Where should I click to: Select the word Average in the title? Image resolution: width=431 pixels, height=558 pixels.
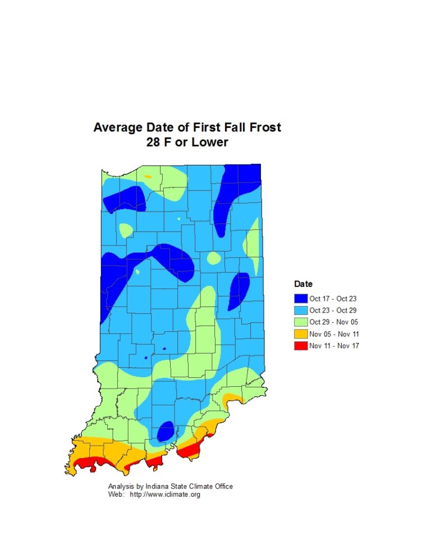(x=117, y=127)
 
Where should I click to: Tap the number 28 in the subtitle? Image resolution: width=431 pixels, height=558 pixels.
(x=154, y=142)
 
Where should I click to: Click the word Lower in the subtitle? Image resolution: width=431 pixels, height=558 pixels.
(x=210, y=142)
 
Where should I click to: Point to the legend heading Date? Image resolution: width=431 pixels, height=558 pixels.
(x=304, y=284)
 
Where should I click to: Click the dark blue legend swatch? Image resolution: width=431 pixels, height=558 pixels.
(x=301, y=299)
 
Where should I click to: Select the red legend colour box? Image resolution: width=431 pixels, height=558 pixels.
(x=301, y=345)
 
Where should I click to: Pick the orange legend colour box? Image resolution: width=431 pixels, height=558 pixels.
(x=301, y=333)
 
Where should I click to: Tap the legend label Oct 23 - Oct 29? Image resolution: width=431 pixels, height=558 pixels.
(x=333, y=310)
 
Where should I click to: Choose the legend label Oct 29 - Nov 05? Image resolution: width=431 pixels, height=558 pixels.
(x=333, y=322)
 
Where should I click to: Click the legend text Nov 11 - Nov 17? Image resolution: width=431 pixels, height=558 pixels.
(x=333, y=345)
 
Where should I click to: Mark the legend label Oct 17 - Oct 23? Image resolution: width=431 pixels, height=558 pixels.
(x=333, y=299)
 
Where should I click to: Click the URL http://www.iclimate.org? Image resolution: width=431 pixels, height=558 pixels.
(x=165, y=495)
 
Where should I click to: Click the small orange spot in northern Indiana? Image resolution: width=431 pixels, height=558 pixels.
(x=148, y=176)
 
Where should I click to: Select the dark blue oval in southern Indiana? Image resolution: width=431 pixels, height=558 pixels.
(x=165, y=431)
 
